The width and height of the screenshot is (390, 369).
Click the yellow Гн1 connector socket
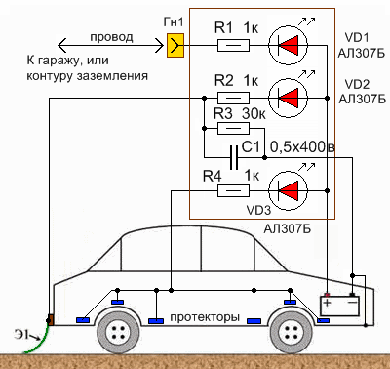coord(175,46)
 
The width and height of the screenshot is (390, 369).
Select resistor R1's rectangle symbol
coord(233,46)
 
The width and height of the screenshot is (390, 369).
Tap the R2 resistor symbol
coord(233,98)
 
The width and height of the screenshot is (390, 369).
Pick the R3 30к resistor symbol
coord(233,128)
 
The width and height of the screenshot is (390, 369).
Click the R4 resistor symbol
coord(233,190)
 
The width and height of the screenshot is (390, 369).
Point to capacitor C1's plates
coord(234,158)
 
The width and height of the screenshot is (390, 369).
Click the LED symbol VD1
coord(288,46)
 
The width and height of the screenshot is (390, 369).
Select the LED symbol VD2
coord(288,98)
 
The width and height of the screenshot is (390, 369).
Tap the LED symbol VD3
coord(288,191)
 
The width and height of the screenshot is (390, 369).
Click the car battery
coord(340,305)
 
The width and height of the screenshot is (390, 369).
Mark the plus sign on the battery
coord(327,303)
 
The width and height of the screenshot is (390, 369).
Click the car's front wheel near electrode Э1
coord(119,332)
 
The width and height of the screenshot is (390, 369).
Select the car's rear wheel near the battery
coord(292,332)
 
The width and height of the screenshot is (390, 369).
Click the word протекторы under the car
coord(205,317)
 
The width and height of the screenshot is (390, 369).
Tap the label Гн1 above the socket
coord(174,22)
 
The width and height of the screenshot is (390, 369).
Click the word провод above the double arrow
coord(111,37)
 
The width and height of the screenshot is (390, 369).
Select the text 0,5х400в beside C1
coord(302,147)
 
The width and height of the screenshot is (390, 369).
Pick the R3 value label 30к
coord(253,113)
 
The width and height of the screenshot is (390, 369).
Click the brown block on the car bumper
coord(51,319)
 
